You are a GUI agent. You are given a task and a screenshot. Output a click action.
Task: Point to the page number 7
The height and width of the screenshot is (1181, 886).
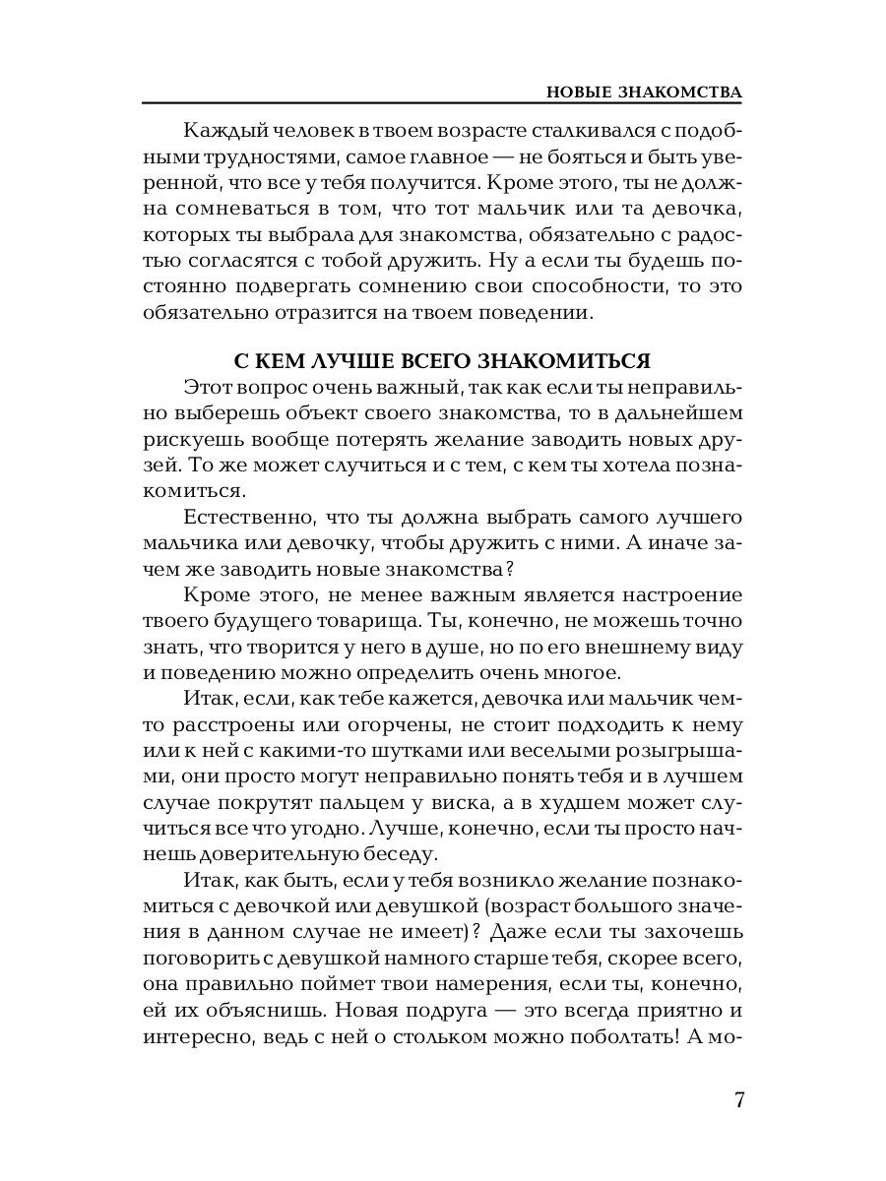738,1099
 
